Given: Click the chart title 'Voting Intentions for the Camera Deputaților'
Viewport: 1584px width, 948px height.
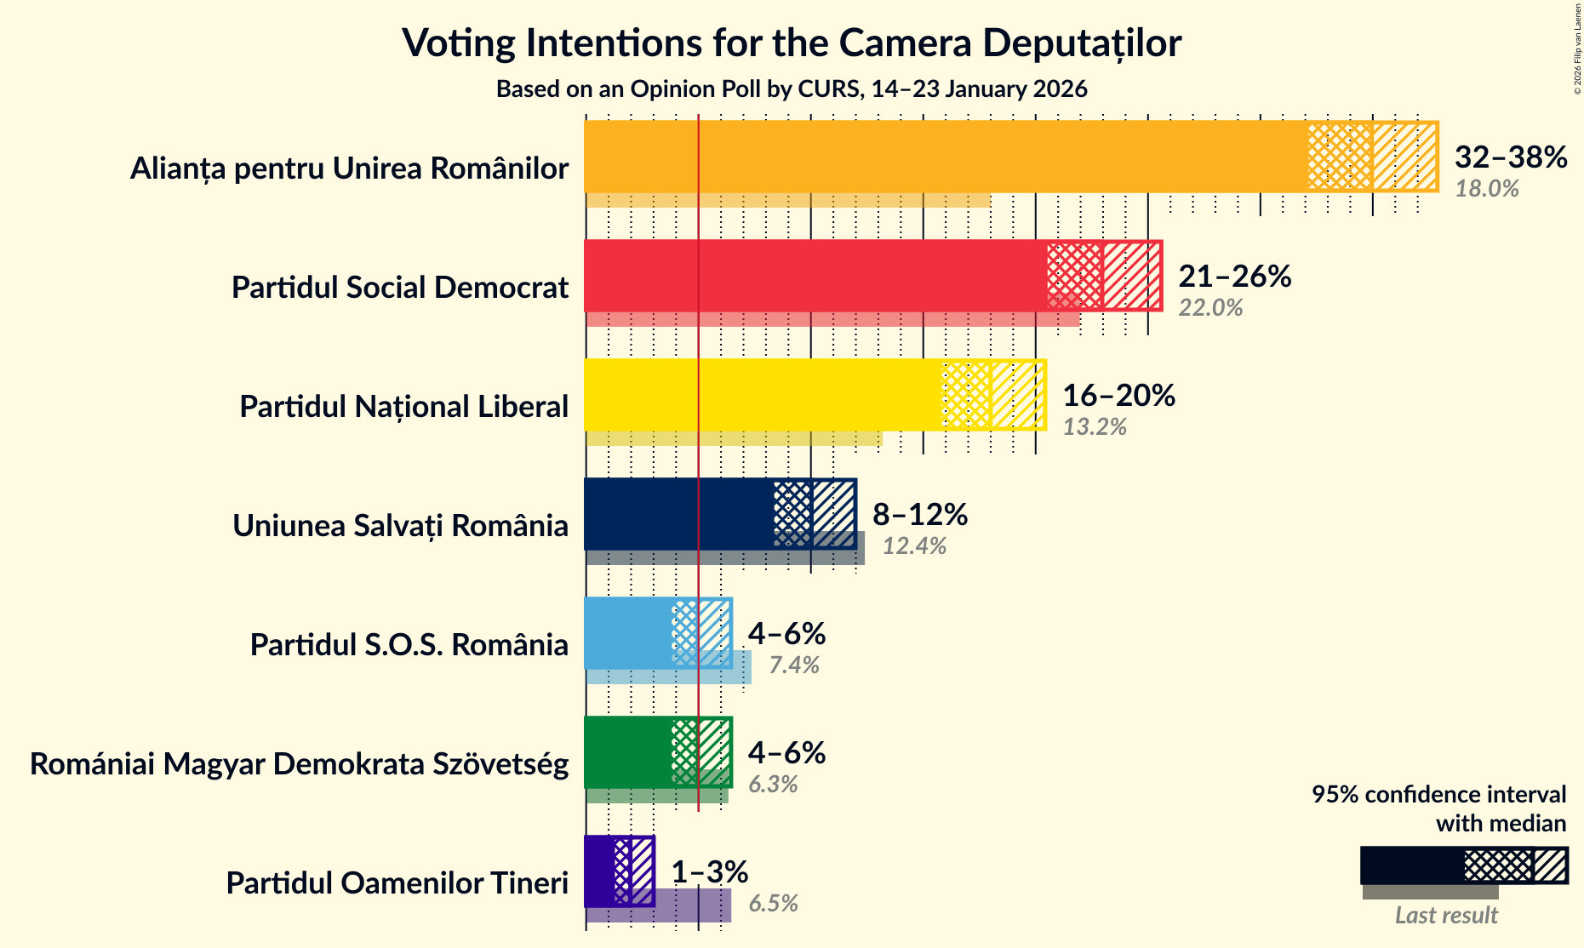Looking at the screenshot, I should point(792,43).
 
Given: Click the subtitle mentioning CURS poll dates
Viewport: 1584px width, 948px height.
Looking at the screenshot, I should point(792,89).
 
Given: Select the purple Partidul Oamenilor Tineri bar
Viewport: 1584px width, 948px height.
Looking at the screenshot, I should point(599,871).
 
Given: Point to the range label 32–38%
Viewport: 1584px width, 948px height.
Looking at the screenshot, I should point(1510,157).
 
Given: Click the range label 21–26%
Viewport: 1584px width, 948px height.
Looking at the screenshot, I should point(1234,277).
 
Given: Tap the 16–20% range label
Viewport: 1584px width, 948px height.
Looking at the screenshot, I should point(1118,396).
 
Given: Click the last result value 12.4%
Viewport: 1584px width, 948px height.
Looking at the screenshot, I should point(914,546).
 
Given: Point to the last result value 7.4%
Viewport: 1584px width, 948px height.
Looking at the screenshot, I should point(793,665).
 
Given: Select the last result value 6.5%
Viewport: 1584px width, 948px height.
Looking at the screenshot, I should point(773,904).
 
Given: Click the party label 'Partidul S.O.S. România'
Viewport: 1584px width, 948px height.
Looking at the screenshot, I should point(409,645).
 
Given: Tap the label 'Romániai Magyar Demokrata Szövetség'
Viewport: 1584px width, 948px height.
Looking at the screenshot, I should point(299,764).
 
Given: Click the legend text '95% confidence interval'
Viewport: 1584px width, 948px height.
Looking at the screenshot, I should point(1438,794).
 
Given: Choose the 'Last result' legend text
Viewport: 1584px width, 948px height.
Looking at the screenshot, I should point(1445,916).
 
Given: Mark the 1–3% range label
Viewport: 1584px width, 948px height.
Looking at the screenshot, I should point(709,872).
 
